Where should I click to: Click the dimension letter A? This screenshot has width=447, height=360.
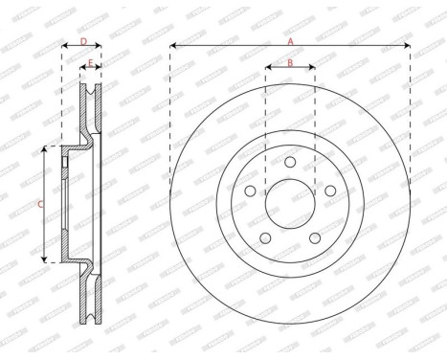[x=290, y=40]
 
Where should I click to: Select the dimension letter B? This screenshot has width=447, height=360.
[x=290, y=62]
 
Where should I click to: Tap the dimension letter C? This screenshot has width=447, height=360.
[x=38, y=204]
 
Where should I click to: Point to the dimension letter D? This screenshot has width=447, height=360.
[x=83, y=41]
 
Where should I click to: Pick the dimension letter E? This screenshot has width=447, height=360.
[x=91, y=63]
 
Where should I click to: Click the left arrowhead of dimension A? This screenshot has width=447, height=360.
[x=173, y=46]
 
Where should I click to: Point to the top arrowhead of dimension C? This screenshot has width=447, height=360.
[x=45, y=149]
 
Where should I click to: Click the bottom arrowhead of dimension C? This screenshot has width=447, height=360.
[x=45, y=259]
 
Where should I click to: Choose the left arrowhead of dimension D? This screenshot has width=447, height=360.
[x=64, y=46]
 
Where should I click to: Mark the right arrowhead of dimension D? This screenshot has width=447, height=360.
[x=100, y=46]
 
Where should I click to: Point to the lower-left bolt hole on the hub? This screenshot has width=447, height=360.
[x=264, y=237]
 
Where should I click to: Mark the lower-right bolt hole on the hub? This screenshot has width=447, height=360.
[x=316, y=237]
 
